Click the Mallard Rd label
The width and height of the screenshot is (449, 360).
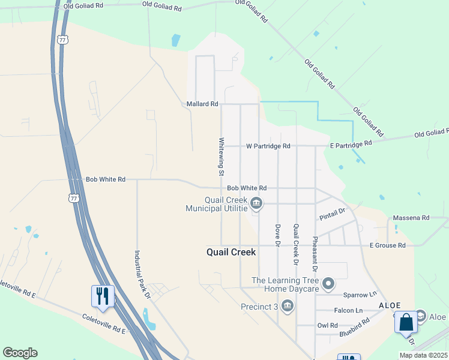[x=202, y=104]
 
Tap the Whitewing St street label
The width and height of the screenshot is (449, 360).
[x=221, y=157]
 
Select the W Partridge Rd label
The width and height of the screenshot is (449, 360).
[x=268, y=146]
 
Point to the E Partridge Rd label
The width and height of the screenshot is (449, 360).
[x=351, y=144]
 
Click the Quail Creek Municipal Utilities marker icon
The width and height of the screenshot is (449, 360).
[x=256, y=204]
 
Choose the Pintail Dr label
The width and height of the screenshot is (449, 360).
[x=334, y=212]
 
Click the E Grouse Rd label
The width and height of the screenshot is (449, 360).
[x=387, y=245]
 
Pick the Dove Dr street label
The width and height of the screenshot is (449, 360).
[x=277, y=235]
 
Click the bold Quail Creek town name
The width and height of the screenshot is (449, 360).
[x=231, y=253]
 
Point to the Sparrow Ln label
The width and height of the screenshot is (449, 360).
[x=360, y=295]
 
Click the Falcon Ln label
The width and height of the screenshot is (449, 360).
[x=351, y=310]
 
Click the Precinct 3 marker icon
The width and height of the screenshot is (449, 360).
[x=288, y=307]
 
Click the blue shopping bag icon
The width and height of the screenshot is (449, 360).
[x=406, y=322]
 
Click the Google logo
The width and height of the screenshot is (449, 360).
[x=20, y=353]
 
